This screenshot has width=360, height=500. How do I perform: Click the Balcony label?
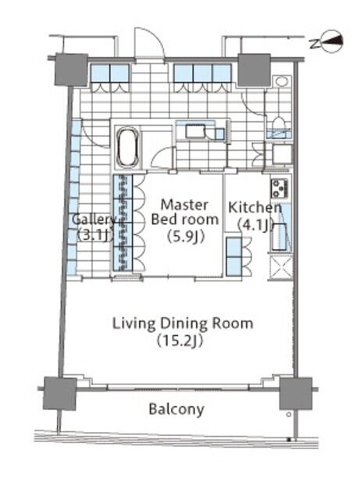[176, 409]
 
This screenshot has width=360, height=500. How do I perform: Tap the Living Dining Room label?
[183, 323]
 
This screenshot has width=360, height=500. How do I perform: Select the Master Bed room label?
[185, 212]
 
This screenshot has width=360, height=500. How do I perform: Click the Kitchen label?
[255, 208]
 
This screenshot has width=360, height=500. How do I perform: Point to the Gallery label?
[94, 220]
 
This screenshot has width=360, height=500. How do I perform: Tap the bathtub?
[128, 148]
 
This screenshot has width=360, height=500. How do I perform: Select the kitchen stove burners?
[280, 187]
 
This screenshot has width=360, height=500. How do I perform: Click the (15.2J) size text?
[180, 341]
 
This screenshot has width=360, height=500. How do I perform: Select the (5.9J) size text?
[185, 237]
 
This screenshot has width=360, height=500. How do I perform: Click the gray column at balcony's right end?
[296, 394]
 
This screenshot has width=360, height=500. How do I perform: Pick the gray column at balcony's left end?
[60, 394]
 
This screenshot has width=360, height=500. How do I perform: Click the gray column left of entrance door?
[71, 70]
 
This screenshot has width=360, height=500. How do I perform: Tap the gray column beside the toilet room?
[254, 70]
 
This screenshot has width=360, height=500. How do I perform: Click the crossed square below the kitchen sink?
[280, 267]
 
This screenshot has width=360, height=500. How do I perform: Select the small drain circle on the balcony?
[289, 415]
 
